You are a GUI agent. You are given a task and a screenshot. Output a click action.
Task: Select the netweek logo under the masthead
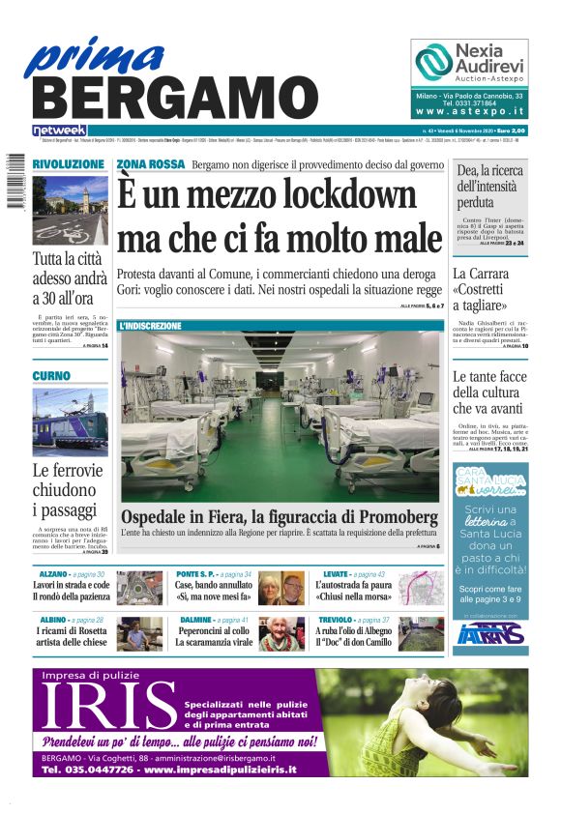pyautogui.click(x=60, y=130)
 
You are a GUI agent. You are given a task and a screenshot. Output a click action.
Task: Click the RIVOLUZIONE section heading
pyautogui.click(x=69, y=165)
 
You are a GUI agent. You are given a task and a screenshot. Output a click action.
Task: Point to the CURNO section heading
pyautogui.click(x=51, y=375)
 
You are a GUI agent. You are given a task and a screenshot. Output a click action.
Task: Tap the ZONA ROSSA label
pyautogui.click(x=150, y=164)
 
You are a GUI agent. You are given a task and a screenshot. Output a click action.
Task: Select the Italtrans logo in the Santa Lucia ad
pyautogui.click(x=492, y=632)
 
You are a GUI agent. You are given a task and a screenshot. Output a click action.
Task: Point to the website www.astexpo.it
pyautogui.click(x=470, y=112)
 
